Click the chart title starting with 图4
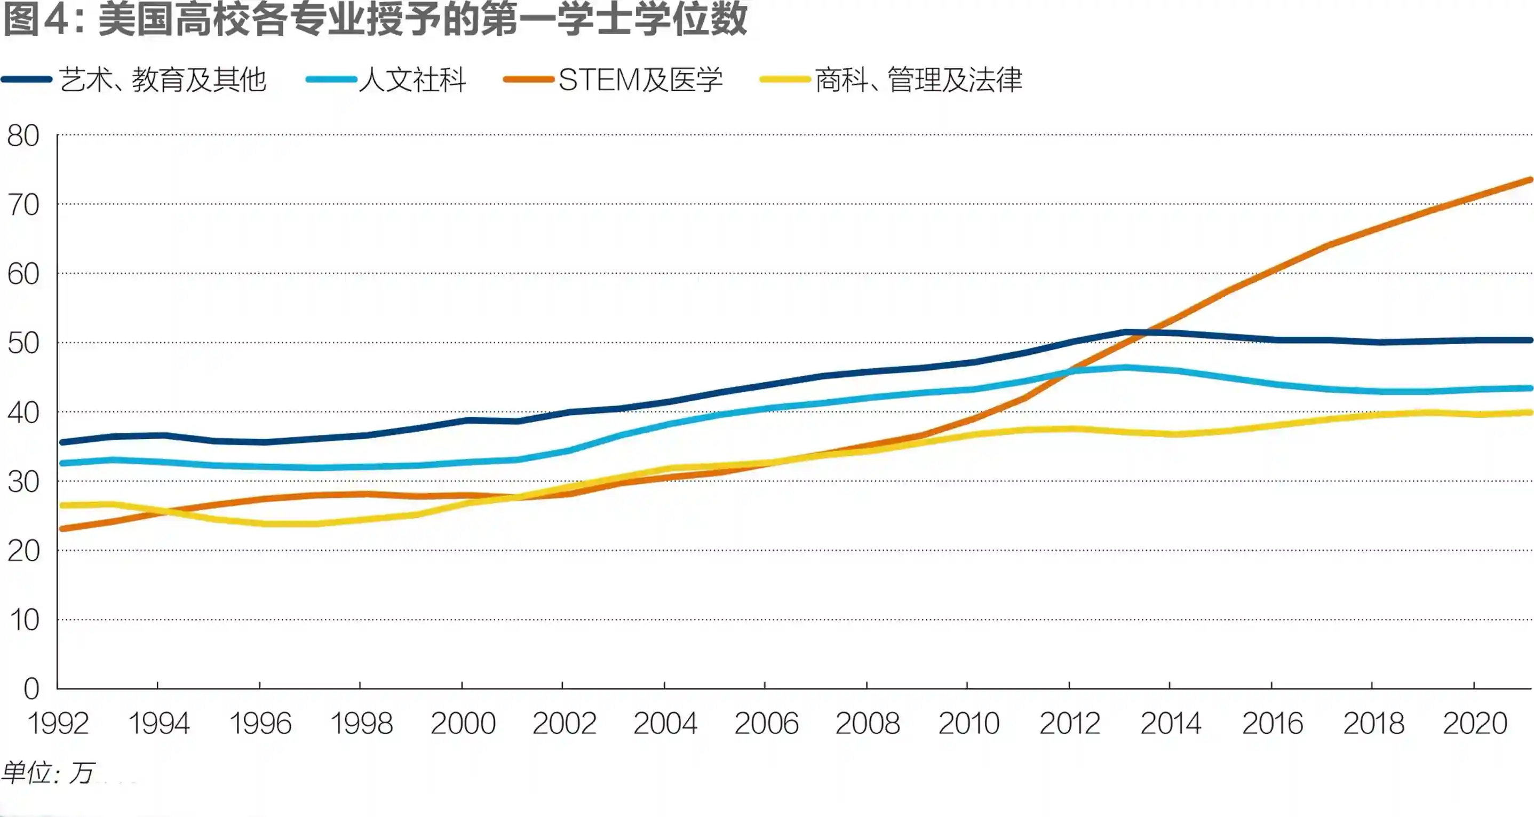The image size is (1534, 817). pyautogui.click(x=375, y=19)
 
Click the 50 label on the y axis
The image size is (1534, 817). pyautogui.click(x=23, y=343)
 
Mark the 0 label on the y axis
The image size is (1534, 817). pyautogui.click(x=31, y=689)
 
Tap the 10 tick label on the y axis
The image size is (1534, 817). pyautogui.click(x=25, y=620)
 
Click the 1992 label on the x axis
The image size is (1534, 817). pyautogui.click(x=58, y=724)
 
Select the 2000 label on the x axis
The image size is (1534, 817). pyautogui.click(x=463, y=724)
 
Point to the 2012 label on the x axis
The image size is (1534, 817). pyautogui.click(x=1069, y=724)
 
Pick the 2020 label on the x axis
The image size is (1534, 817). pyautogui.click(x=1474, y=724)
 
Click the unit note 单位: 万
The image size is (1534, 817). pyautogui.click(x=47, y=773)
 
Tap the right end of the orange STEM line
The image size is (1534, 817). pyautogui.click(x=1530, y=180)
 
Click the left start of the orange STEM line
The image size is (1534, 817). pyautogui.click(x=62, y=528)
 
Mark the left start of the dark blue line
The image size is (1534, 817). pyautogui.click(x=62, y=442)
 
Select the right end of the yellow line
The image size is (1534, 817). pyautogui.click(x=1530, y=413)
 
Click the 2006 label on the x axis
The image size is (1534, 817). pyautogui.click(x=766, y=724)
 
